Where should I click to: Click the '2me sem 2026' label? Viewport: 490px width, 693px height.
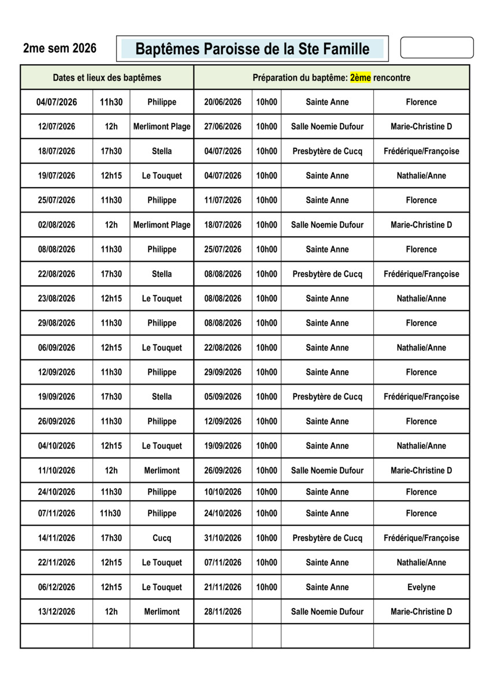tap(60, 49)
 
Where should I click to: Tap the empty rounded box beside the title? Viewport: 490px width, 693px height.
tap(436, 47)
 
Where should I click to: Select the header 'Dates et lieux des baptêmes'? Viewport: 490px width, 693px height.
tap(107, 77)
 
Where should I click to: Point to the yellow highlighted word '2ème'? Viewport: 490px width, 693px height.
tap(360, 77)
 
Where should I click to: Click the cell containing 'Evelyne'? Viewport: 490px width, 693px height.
tap(421, 587)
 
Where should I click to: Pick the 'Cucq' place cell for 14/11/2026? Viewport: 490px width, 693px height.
tap(162, 538)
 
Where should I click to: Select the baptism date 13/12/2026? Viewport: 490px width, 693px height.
tap(57, 612)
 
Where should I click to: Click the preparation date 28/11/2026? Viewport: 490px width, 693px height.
tap(223, 612)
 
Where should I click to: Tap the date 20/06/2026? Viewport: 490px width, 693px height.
tap(223, 102)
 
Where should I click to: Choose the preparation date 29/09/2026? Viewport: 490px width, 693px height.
tap(223, 372)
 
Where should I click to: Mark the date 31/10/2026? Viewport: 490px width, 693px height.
tap(223, 538)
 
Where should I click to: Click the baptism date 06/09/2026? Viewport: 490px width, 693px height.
tap(57, 348)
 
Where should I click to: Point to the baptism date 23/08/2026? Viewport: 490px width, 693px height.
tap(57, 299)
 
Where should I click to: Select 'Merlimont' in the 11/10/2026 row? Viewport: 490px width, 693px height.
tap(162, 470)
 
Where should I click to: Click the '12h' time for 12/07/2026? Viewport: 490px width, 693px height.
tap(111, 126)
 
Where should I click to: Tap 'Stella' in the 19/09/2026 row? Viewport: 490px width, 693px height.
tap(162, 397)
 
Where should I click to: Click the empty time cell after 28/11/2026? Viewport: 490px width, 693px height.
tap(266, 612)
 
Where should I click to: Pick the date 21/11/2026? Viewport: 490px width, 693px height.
tap(223, 587)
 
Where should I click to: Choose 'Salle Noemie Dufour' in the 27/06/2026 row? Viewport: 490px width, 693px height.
tap(327, 126)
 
